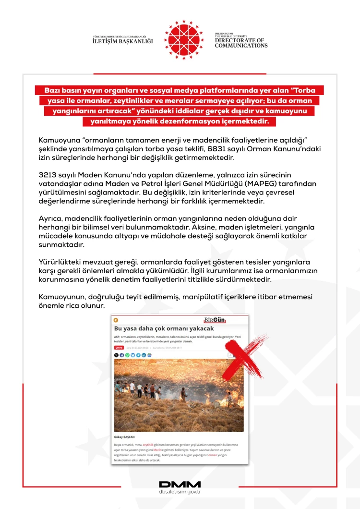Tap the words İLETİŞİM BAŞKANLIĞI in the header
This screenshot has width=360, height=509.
tap(123, 41)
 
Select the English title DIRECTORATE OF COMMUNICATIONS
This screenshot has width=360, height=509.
tap(241, 43)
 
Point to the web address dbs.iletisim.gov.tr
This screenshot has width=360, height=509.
tap(180, 492)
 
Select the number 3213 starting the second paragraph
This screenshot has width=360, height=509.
tap(48, 175)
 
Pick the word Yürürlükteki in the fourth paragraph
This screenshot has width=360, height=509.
tap(60, 262)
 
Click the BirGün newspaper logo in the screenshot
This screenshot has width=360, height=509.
tap(214, 320)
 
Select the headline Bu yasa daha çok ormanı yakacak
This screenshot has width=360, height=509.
tap(164, 328)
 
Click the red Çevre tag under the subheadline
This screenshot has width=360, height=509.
tap(118, 347)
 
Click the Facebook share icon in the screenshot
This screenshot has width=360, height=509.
tap(122, 355)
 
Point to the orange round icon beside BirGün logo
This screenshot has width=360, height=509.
tap(116, 320)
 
